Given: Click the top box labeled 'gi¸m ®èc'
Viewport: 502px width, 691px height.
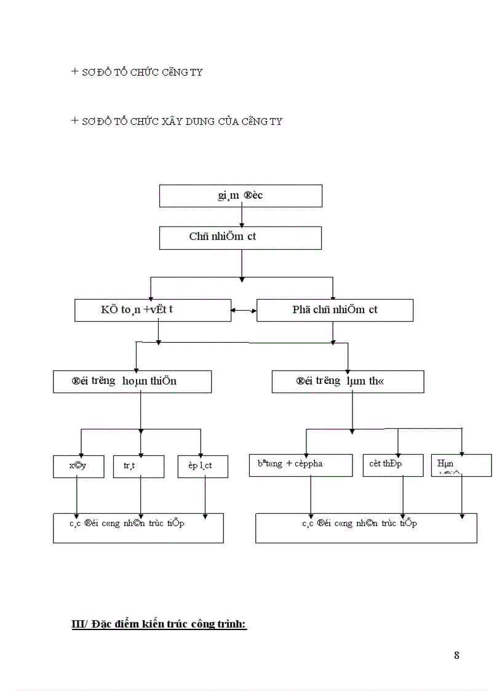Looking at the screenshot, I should pos(241,196).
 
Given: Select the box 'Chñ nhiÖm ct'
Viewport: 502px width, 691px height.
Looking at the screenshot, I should pos(240,238).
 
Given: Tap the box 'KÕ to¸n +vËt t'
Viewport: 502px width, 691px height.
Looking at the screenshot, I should pos(152,310).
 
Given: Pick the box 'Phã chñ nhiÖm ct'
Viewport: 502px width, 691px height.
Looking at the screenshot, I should pos(335,310).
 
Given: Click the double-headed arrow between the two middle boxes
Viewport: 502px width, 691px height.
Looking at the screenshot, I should pos(244,311).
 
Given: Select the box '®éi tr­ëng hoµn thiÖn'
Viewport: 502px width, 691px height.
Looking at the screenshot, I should pos(132,381).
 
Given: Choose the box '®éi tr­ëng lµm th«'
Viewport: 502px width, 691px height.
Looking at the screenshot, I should pos(348,381).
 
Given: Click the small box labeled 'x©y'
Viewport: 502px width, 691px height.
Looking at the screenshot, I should pos(78,466).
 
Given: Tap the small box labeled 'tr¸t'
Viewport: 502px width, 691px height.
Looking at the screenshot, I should pos(139,466).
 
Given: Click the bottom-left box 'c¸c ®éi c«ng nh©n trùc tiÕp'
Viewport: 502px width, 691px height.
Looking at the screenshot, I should pos(138,528).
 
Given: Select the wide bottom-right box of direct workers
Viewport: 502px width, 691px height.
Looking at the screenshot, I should pos(366,528).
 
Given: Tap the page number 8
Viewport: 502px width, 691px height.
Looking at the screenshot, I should pos(456,655).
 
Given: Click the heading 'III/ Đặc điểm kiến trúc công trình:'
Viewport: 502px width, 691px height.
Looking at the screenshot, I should pos(159,625).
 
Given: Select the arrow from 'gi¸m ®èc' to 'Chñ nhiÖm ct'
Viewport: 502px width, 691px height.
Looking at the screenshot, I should pos(242,217).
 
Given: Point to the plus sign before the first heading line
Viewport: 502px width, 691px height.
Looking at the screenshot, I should pos(75,71).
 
